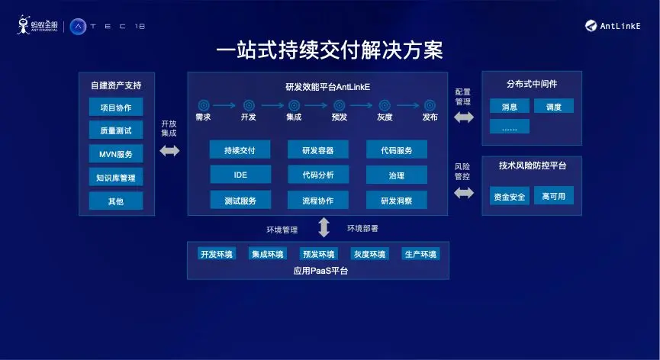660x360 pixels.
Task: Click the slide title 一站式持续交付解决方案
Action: click(x=330, y=50)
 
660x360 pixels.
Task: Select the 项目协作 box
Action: click(x=115, y=107)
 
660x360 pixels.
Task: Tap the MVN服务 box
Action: click(x=115, y=154)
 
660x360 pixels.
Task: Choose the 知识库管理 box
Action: click(x=115, y=178)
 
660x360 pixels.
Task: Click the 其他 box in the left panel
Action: click(x=115, y=201)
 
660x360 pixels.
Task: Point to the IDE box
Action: click(x=240, y=175)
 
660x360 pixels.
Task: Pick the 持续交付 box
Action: click(x=240, y=150)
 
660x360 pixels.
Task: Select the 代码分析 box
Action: click(x=317, y=175)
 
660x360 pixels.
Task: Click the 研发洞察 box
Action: click(x=396, y=201)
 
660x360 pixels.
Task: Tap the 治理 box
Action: click(x=396, y=175)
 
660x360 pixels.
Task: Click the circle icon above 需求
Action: click(x=204, y=105)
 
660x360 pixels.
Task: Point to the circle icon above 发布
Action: click(x=430, y=105)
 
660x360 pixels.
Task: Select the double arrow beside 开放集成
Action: click(x=169, y=151)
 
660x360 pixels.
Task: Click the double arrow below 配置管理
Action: click(x=463, y=117)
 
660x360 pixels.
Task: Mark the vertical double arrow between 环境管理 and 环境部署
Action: click(x=324, y=227)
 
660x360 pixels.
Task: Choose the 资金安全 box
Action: click(x=509, y=196)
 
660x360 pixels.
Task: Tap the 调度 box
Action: click(x=553, y=107)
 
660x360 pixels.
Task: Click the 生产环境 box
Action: click(x=420, y=254)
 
